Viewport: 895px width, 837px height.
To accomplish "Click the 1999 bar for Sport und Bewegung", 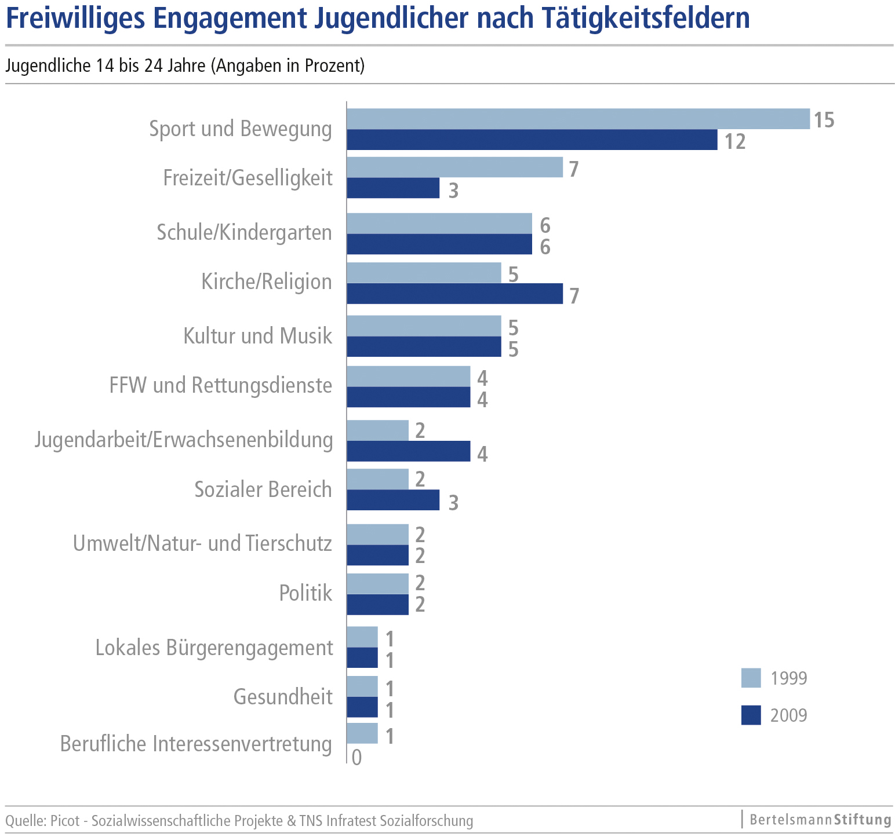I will click(578, 119).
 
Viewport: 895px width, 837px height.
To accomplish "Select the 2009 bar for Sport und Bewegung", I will click(532, 140).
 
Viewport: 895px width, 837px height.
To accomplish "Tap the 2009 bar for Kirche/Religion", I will click(454, 294).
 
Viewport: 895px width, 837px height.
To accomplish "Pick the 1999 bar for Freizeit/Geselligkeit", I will click(454, 167).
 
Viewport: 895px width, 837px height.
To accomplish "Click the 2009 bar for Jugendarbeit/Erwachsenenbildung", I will click(408, 451).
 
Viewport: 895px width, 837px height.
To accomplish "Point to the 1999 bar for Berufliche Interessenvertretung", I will click(362, 733).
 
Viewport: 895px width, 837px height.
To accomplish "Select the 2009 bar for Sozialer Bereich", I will click(393, 500).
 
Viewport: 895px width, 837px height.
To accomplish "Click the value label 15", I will click(824, 120).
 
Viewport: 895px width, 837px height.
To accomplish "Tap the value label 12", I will click(735, 141).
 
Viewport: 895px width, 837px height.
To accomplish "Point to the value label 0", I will click(356, 758).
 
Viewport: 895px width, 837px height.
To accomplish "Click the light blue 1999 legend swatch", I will click(751, 678).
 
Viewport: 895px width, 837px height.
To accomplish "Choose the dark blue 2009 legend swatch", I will click(751, 715).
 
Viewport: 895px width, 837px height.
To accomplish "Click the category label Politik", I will click(305, 593).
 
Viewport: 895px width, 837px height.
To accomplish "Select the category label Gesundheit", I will click(283, 696).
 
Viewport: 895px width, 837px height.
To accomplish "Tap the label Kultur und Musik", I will click(258, 336).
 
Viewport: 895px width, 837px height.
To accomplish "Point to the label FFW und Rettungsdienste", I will click(221, 385).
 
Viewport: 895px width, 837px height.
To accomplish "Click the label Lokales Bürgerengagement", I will click(214, 648).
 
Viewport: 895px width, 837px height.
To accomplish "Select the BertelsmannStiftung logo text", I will click(820, 820).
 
